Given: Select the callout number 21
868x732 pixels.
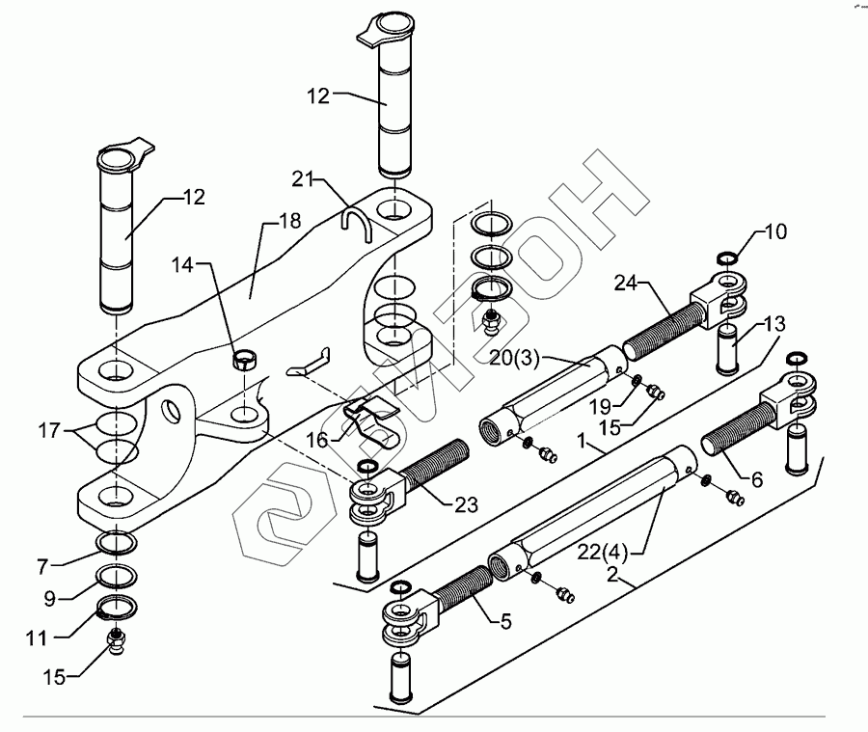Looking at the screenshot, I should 305,178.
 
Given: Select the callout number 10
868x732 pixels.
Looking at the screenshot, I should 776,232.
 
